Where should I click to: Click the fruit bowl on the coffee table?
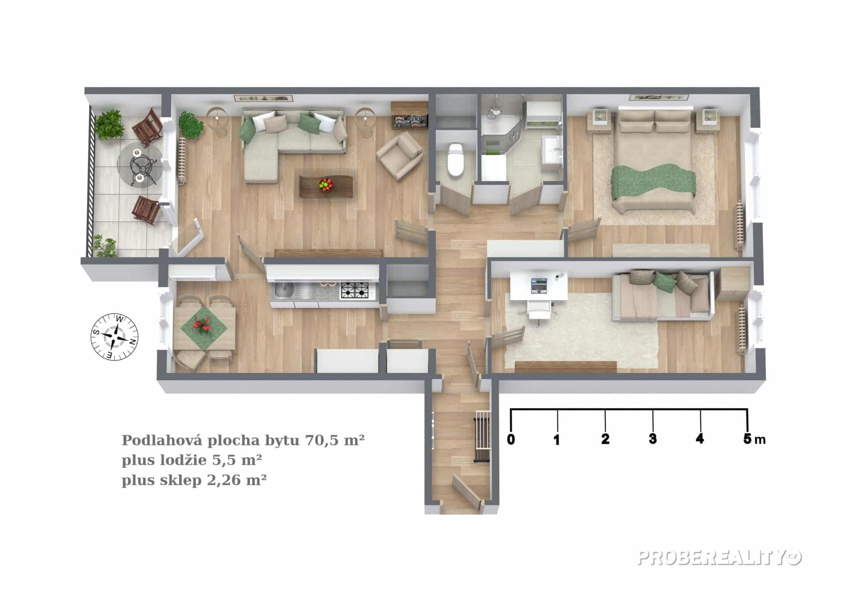point(326,184)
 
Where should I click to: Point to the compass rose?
point(114,337)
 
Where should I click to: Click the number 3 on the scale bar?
point(653,439)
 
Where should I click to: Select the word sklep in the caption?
point(180,480)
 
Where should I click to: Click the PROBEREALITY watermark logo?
point(719,558)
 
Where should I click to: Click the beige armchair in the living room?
point(400,156)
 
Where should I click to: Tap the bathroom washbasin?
point(552,149)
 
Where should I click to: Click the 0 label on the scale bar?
point(511,439)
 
